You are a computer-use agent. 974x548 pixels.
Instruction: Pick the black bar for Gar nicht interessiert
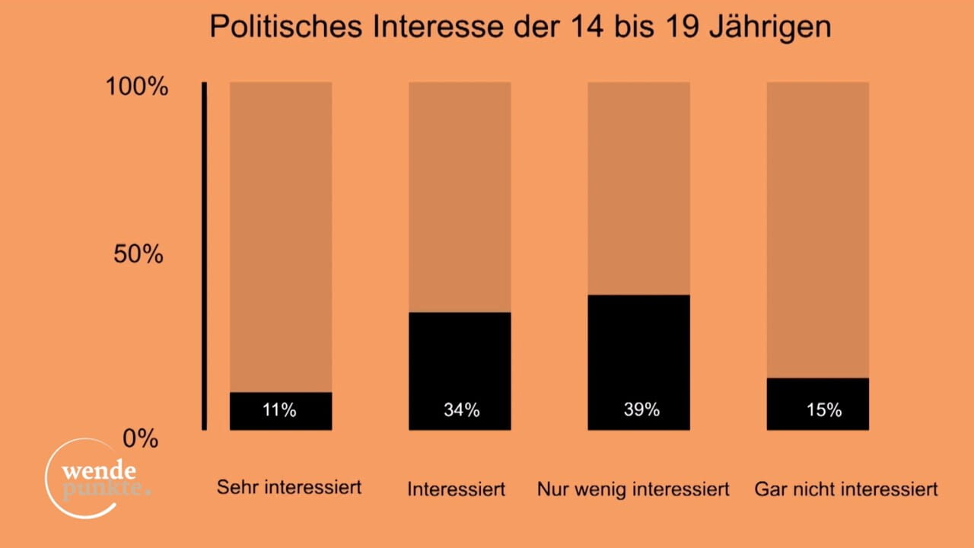[x=817, y=403]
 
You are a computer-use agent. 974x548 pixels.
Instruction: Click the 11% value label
[x=279, y=410]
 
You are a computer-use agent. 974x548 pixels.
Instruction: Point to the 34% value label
[x=462, y=410]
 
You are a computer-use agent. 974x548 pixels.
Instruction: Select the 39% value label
[x=641, y=409]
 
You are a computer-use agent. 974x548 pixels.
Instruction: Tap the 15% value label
[x=824, y=410]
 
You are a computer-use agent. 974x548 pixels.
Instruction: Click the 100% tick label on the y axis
[x=136, y=87]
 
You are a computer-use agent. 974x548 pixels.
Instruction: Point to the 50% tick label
[x=138, y=255]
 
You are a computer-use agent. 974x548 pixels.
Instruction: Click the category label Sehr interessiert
[x=289, y=487]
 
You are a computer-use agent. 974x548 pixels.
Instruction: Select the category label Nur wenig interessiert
[x=633, y=489]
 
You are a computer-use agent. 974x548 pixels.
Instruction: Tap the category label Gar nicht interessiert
[x=846, y=489]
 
